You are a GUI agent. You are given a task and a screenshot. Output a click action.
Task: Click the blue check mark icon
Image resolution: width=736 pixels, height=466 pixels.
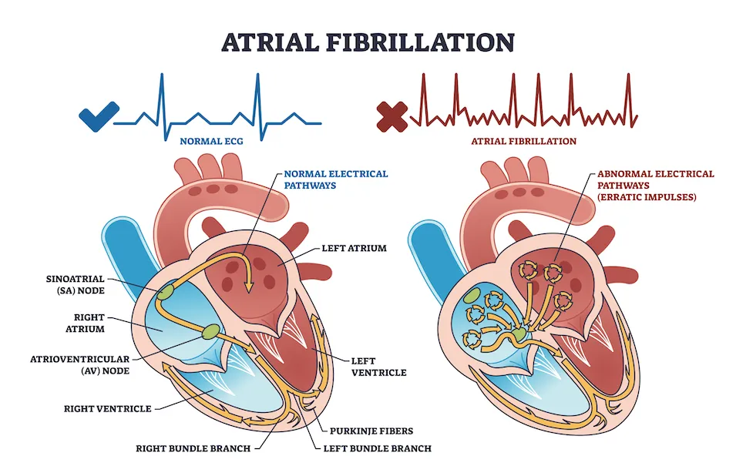click(x=99, y=116)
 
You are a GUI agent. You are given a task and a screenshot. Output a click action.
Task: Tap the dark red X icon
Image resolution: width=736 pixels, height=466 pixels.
click(x=392, y=116)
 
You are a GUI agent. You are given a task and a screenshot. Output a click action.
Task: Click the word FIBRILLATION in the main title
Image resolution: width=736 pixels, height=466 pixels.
click(x=420, y=42)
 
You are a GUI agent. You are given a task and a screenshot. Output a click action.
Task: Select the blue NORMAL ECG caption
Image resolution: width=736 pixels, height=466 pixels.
click(x=211, y=141)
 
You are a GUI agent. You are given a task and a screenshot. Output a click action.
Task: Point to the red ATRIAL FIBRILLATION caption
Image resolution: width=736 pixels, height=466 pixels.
click(x=524, y=141)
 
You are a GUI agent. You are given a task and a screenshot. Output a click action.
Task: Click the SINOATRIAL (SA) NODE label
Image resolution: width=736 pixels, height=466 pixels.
click(x=75, y=284)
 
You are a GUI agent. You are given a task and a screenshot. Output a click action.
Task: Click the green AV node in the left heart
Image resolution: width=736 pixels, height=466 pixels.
click(x=210, y=331)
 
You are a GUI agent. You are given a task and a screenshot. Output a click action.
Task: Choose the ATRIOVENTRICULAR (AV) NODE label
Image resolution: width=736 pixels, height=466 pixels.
click(x=80, y=364)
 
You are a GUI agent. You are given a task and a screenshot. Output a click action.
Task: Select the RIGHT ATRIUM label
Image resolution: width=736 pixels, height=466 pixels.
click(x=85, y=323)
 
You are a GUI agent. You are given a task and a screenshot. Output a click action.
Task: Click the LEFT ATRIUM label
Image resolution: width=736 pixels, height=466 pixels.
click(x=354, y=248)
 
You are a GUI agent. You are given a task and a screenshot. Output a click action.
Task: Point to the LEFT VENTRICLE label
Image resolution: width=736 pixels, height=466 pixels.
click(x=379, y=367)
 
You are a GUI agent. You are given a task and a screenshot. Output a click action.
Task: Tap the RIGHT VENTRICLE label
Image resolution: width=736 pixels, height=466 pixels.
click(x=107, y=409)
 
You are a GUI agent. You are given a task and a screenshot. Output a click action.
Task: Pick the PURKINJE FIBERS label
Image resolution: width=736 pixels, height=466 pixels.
click(x=371, y=431)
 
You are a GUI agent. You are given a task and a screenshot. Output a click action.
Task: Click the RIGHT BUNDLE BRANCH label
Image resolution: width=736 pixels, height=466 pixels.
click(x=193, y=448)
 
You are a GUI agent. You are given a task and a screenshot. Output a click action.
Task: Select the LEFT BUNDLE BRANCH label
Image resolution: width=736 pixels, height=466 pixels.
click(x=378, y=448)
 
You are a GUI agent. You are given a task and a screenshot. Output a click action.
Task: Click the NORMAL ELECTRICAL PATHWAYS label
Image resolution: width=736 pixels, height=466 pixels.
click(x=335, y=179)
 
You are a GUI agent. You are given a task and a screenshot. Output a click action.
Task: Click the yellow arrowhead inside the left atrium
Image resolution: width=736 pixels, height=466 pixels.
click(x=248, y=287)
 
